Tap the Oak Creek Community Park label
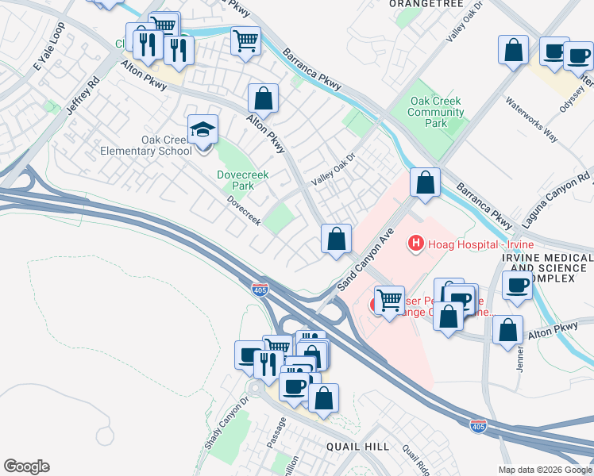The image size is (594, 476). (x=436, y=113)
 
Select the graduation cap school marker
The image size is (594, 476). (x=203, y=129)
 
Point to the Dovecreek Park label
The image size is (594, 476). (x=236, y=180)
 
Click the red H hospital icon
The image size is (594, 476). (x=414, y=243)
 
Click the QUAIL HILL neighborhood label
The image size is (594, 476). (x=357, y=447)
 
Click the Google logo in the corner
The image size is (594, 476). (x=26, y=466)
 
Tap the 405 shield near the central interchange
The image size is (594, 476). (x=260, y=290)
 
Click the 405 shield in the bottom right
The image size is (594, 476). (x=477, y=426)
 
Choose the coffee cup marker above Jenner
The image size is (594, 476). (x=517, y=286)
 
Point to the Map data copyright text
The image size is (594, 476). (x=544, y=470)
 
